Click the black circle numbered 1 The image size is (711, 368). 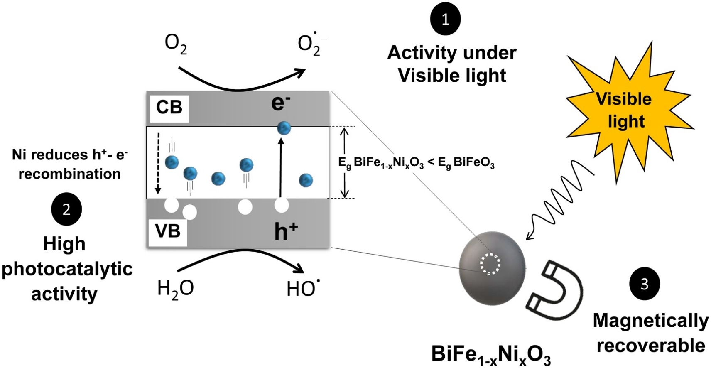coord(445,19)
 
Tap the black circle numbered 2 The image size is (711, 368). coord(66,209)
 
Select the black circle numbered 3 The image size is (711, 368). coord(645,284)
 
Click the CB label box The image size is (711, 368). coord(169,108)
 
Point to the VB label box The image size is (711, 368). coord(168,231)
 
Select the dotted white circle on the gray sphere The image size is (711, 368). coord(490,264)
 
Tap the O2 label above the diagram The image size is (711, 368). coord(176,44)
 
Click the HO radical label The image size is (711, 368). coord(303,288)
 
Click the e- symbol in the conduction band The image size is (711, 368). coord(281,103)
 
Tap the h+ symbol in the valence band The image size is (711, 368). coord(286,231)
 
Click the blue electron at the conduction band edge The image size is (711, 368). coord(284,128)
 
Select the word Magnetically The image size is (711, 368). coord(650,321)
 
